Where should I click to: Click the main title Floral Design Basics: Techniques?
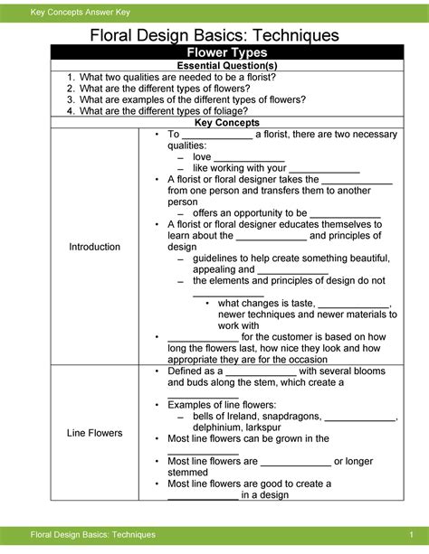(214, 35)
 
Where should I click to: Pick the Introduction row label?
(95, 247)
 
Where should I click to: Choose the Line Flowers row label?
(95, 433)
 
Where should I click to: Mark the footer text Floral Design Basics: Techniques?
(93, 538)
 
